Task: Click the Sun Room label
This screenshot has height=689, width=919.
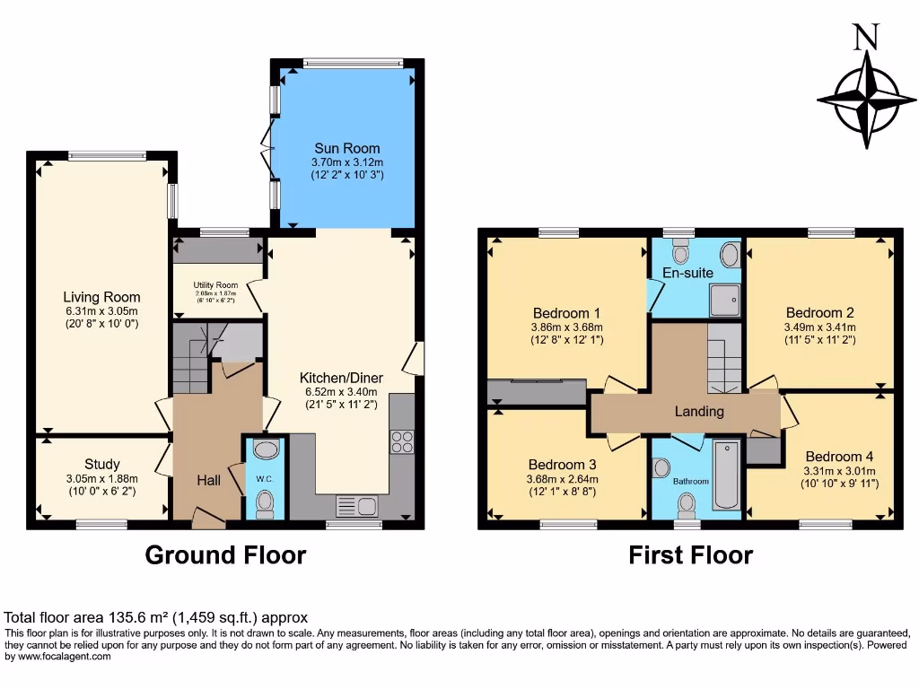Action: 346,148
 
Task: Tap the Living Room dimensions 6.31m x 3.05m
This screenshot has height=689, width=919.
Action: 101,310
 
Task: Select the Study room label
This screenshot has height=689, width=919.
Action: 102,464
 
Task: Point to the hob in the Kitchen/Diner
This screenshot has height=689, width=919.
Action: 402,441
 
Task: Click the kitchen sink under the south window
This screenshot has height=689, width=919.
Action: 358,506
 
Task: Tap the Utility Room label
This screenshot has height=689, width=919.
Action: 215,285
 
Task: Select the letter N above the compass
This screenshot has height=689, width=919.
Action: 865,37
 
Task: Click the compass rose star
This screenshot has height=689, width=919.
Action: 866,96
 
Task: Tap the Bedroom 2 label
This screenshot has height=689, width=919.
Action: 818,313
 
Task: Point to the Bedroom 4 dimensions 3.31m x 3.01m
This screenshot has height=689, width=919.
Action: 841,470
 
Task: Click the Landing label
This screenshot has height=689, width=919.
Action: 699,412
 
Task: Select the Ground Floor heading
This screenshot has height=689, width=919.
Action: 225,555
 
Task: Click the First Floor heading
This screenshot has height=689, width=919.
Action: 690,555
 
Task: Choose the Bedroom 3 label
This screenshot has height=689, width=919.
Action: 563,465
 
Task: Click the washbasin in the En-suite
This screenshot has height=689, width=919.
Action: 729,255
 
